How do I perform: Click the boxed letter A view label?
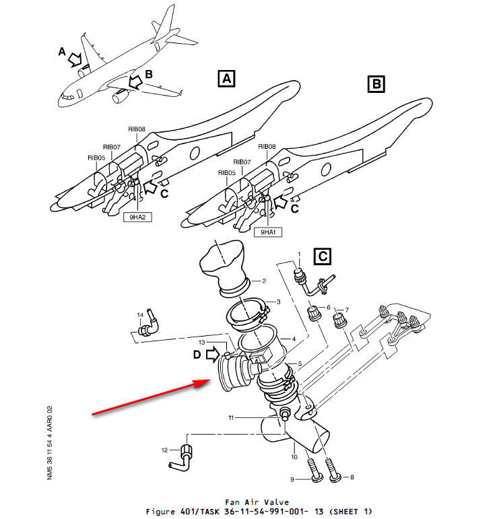click(x=226, y=79)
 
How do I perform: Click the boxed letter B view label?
click(x=375, y=84)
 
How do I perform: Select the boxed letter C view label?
click(x=323, y=256)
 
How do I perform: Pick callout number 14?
click(x=140, y=314)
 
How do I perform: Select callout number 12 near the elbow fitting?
click(x=164, y=450)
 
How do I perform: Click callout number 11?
click(x=230, y=418)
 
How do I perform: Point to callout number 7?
click(x=348, y=310)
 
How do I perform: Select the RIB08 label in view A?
click(x=137, y=129)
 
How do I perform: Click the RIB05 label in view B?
click(x=226, y=173)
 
